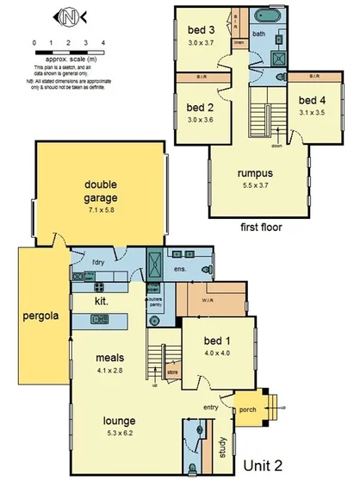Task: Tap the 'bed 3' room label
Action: coord(201,29)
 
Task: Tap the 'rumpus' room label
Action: coord(255,173)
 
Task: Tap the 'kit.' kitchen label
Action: coord(102,303)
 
